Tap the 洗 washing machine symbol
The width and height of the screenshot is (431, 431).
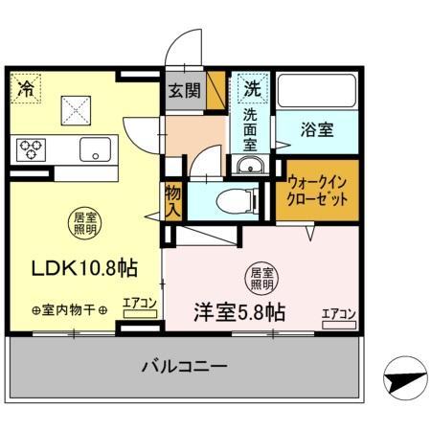click(251, 89)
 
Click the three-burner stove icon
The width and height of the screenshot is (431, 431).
click(32, 149)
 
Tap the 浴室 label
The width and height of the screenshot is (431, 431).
click(315, 129)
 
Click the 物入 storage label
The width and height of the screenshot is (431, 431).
click(173, 201)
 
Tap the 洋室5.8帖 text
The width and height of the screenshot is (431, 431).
click(238, 311)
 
